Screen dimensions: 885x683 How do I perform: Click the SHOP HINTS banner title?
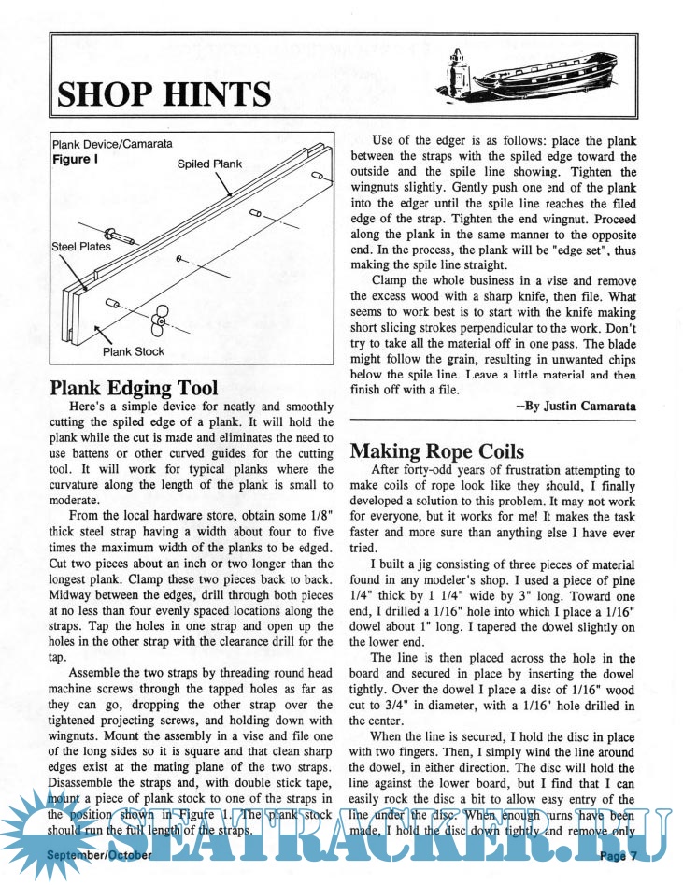[x=164, y=94]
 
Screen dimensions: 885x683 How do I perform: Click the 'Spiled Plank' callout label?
[x=209, y=164]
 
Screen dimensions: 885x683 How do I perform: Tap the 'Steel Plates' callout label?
[x=81, y=248]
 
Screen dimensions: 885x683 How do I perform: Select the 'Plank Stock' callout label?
[x=134, y=351]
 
